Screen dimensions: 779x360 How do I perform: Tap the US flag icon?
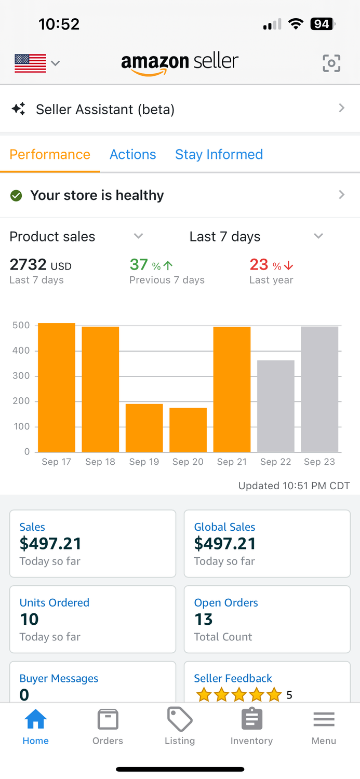point(30,63)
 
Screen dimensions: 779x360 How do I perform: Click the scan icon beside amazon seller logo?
point(331,63)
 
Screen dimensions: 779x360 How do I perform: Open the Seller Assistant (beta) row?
point(180,109)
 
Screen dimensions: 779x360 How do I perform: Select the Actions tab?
point(132,154)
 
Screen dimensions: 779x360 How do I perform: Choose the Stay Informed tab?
point(219,154)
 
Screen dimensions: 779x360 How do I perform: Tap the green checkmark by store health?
point(16,196)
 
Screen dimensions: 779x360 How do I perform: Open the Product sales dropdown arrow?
point(138,236)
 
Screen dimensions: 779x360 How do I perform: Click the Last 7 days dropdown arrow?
point(318,236)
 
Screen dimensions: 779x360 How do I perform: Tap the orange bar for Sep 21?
point(232,389)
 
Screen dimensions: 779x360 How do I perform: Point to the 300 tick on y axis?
point(21,376)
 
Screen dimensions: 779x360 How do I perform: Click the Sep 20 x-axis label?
point(188,462)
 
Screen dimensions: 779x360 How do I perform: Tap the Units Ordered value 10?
point(29,619)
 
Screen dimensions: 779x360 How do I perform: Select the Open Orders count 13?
point(204,619)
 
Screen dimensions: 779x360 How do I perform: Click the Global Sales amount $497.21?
point(225,544)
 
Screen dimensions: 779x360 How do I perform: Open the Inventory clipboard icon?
point(252,720)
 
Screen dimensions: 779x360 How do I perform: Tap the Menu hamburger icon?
point(324,720)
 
